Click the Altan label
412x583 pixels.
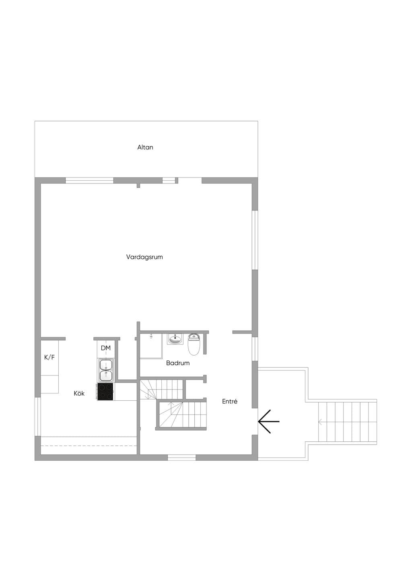click(145, 147)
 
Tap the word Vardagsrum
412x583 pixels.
click(144, 257)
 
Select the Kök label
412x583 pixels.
click(79, 393)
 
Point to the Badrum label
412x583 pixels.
click(178, 363)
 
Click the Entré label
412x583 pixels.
click(230, 401)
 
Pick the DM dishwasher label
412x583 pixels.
click(106, 348)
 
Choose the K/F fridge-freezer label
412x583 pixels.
click(49, 357)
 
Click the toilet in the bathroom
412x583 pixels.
click(194, 344)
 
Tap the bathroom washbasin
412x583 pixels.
click(175, 339)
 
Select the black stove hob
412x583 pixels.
click(105, 392)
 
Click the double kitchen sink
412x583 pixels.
click(106, 371)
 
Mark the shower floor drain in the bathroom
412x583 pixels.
click(151, 337)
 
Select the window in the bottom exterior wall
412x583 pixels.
click(182, 457)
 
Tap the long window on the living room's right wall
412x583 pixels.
click(255, 240)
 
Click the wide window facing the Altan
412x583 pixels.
click(89, 180)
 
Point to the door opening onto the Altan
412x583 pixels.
click(190, 180)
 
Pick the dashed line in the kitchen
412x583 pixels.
click(89, 446)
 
